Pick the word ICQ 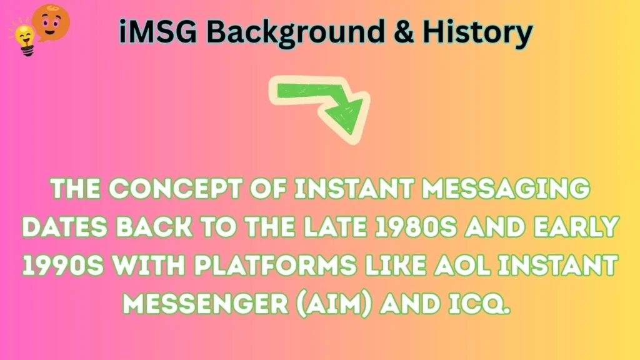(487, 304)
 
